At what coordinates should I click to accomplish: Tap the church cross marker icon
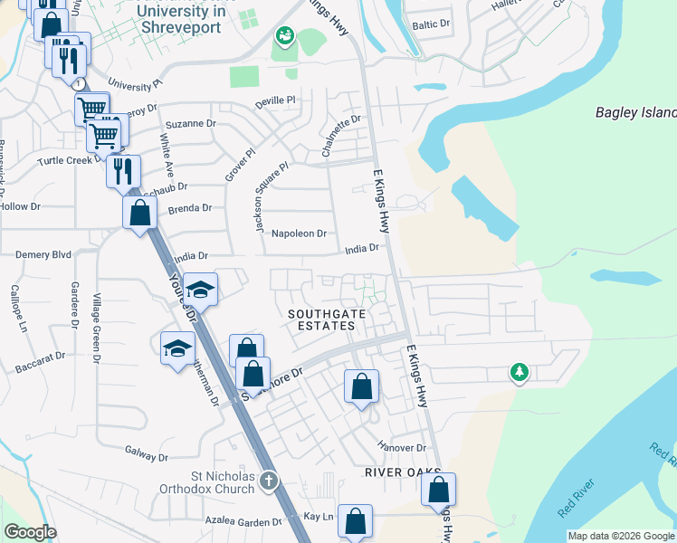point(268,481)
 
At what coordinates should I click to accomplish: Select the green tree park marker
point(519,372)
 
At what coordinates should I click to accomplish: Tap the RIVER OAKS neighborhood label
point(403,473)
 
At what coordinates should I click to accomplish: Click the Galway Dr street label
point(143,450)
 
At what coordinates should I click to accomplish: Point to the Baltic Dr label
point(430,25)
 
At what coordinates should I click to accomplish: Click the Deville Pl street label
point(276,101)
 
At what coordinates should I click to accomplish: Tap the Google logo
point(30,533)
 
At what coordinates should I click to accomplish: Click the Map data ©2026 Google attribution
point(621,536)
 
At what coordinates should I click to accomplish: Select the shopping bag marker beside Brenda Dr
point(140,215)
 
